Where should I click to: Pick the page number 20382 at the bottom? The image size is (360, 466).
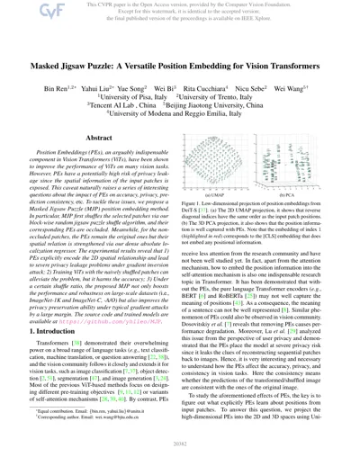[x=179, y=455]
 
